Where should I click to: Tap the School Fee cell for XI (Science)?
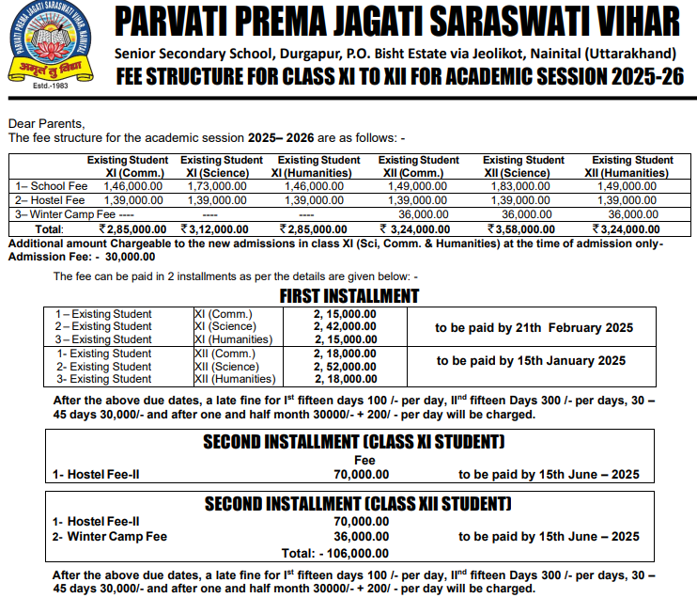point(217,187)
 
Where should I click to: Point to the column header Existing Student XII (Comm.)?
point(418,166)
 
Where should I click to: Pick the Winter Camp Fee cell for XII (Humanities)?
point(627,214)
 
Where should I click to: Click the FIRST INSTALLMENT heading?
point(349,295)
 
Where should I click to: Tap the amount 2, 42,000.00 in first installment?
point(345,326)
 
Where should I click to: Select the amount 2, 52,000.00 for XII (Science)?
point(345,367)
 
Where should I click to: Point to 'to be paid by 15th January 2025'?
point(531,360)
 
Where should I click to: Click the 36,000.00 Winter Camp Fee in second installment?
point(361,537)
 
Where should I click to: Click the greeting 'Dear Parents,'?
point(46,123)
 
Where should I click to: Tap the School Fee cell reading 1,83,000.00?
point(518,187)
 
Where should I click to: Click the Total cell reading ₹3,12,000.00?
point(217,228)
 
